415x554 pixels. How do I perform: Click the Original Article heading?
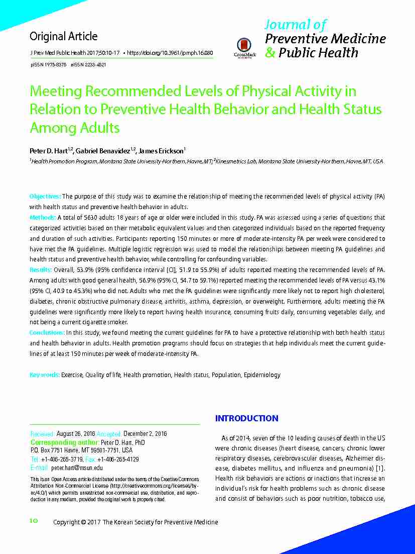click(x=63, y=36)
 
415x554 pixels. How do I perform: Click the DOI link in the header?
click(x=170, y=53)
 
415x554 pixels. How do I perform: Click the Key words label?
click(x=45, y=375)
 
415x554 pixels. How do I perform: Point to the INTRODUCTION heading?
click(x=246, y=418)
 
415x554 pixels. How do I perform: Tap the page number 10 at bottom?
click(x=34, y=521)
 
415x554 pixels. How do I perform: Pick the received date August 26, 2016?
click(x=76, y=433)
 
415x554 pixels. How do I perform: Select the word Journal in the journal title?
click(x=284, y=24)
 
